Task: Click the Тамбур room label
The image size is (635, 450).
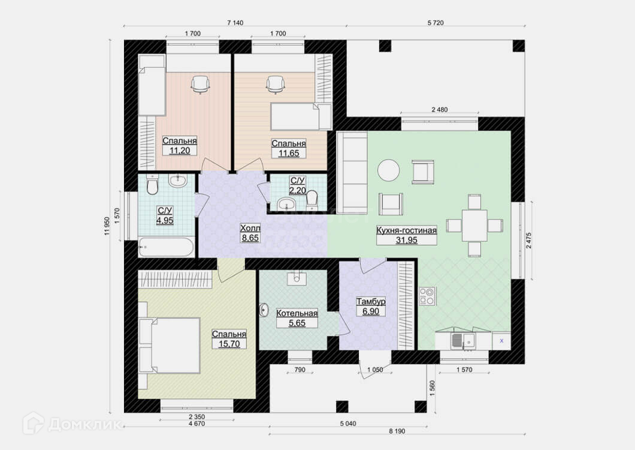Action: (x=371, y=301)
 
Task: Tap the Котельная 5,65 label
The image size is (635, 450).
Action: (x=297, y=318)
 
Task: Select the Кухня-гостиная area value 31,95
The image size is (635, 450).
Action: (x=407, y=240)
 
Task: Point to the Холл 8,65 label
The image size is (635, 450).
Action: (x=250, y=233)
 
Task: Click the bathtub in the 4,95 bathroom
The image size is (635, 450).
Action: (x=166, y=247)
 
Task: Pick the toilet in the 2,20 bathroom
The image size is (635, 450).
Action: (x=312, y=199)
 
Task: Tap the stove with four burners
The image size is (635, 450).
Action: (x=427, y=296)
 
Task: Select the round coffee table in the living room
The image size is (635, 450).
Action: (x=388, y=170)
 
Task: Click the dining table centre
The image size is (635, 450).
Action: (x=474, y=225)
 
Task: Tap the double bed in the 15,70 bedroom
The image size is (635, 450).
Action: (x=170, y=346)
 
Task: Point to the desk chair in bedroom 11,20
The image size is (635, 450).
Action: (x=200, y=85)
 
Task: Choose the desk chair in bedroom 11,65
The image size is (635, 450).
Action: (x=276, y=85)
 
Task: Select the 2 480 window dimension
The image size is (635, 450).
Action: (x=440, y=110)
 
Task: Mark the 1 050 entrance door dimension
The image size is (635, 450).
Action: (x=375, y=370)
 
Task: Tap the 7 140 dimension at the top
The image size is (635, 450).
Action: (x=235, y=23)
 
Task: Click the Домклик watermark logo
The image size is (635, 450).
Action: (x=71, y=424)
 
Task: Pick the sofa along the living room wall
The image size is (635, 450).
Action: (x=352, y=172)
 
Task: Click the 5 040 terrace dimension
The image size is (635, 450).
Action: (x=348, y=424)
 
